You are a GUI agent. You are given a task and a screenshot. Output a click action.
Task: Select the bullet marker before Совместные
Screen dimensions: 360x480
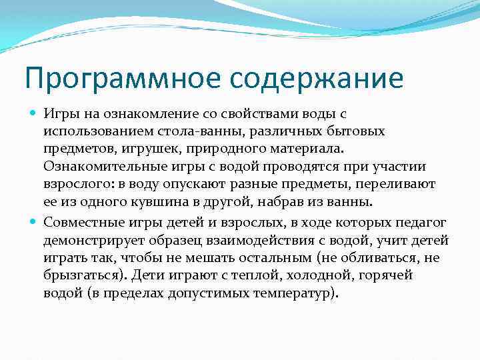tap(34, 221)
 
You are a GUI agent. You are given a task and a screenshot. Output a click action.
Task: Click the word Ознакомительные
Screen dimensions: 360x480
tap(91, 166)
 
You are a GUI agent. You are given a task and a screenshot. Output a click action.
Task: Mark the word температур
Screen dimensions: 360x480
tap(292, 291)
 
